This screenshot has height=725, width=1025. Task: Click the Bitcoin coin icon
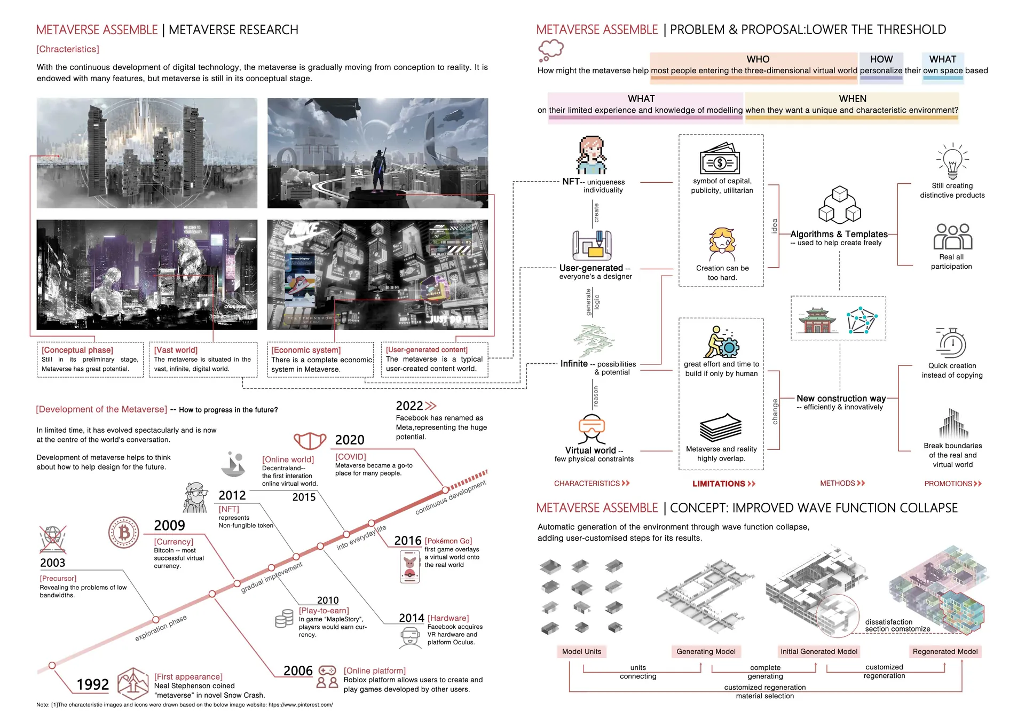[124, 532]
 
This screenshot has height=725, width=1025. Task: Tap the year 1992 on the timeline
[92, 684]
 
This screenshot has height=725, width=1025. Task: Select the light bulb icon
[952, 162]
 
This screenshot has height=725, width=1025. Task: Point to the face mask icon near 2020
[310, 441]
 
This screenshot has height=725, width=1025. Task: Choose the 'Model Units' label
[581, 651]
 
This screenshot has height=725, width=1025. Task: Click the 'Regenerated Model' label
[945, 651]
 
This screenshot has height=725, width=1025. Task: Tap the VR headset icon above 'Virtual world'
[592, 428]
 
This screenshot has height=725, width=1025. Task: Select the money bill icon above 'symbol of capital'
[720, 160]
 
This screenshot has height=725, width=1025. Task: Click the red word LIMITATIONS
[719, 484]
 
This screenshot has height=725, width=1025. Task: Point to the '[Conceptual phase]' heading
[77, 350]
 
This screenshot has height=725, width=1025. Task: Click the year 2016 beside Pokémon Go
[408, 541]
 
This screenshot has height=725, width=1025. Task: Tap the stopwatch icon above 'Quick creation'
[952, 344]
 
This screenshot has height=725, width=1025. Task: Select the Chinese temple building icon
[817, 320]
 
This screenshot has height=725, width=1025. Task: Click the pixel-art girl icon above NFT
[592, 155]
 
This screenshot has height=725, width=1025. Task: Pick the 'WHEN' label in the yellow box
[852, 99]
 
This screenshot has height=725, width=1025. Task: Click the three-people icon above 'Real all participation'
[952, 237]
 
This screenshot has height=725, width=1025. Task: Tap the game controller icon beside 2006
[327, 670]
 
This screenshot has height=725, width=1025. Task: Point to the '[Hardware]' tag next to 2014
[448, 618]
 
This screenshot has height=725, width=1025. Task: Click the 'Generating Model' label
[706, 651]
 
